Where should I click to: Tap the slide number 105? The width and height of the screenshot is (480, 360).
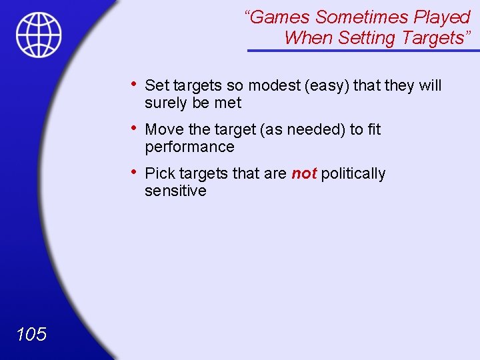pyautogui.click(x=31, y=334)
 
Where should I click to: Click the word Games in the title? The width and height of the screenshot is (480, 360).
pyautogui.click(x=278, y=17)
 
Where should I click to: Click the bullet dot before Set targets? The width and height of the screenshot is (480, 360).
pyautogui.click(x=135, y=84)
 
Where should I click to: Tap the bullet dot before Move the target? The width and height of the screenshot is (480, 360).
pyautogui.click(x=135, y=128)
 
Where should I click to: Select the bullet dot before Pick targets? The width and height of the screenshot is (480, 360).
pyautogui.click(x=135, y=172)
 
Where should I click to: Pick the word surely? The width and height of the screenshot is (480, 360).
pyautogui.click(x=167, y=103)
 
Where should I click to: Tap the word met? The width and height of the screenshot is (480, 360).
pyautogui.click(x=228, y=103)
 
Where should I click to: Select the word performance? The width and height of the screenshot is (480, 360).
pyautogui.click(x=189, y=147)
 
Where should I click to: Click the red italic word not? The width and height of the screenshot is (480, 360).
pyautogui.click(x=303, y=173)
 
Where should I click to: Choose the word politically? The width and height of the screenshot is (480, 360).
pyautogui.click(x=353, y=173)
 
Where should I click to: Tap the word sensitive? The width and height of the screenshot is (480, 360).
pyautogui.click(x=175, y=191)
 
